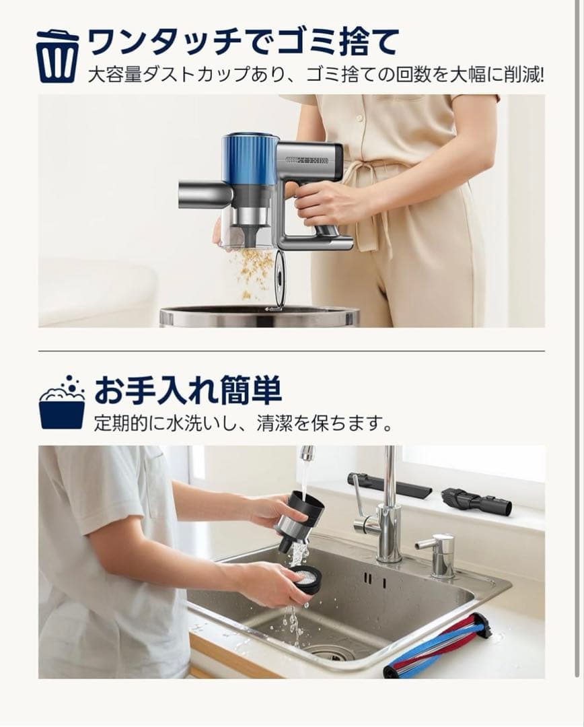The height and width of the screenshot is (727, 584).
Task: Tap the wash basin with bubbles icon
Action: point(62,405)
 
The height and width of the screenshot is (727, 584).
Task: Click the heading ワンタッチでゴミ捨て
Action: point(243,42)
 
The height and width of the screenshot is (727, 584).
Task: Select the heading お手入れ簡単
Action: point(188,390)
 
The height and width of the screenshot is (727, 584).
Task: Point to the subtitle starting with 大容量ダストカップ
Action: point(316,75)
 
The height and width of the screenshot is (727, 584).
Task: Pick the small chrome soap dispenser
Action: point(440,555)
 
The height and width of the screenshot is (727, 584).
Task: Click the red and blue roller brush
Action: point(437,646)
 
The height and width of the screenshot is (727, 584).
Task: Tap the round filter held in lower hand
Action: point(307,578)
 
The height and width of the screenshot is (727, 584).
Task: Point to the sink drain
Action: point(330,652)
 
